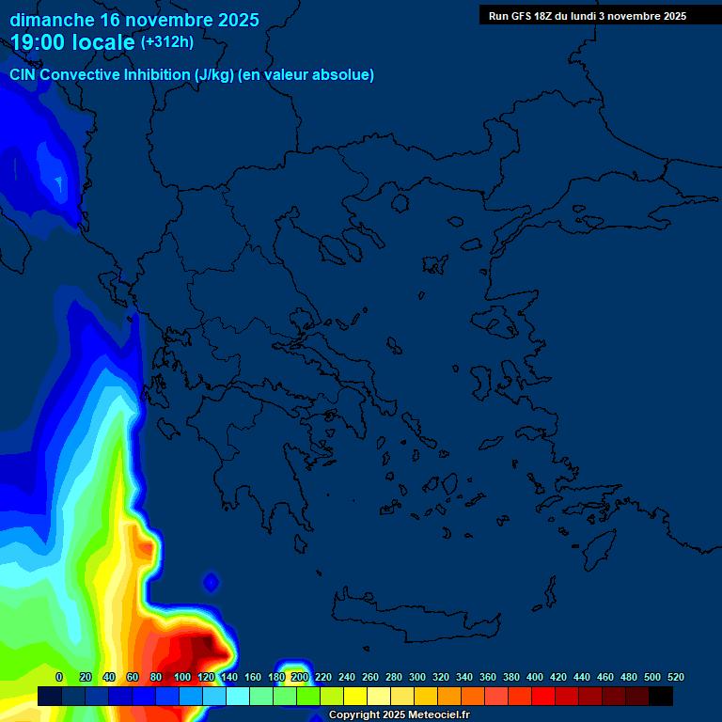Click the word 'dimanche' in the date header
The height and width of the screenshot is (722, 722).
pos(52,20)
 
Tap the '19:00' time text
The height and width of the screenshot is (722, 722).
pos(42,42)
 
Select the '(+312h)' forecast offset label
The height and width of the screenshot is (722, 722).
pos(166,42)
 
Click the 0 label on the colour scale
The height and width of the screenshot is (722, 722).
pos(59,677)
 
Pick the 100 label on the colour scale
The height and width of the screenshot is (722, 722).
pos(182,677)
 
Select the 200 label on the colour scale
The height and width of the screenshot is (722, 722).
pos(300,677)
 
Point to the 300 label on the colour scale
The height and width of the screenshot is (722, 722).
pos(417,677)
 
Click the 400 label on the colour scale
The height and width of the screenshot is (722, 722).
pos(535,677)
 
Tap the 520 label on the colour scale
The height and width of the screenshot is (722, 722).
pos(676,677)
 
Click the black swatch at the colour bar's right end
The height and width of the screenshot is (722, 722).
pos(661,696)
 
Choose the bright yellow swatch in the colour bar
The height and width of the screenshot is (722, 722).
pos(355,696)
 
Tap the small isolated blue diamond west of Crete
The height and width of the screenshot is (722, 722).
pos(211,583)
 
